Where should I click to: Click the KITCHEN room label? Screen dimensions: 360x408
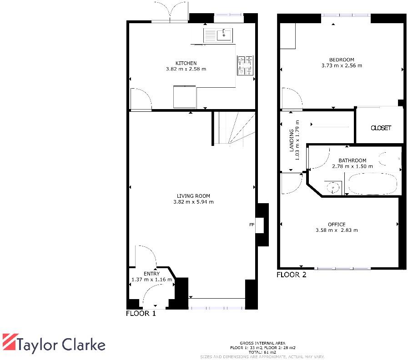(186, 63)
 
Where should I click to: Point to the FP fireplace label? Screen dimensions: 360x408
(251, 225)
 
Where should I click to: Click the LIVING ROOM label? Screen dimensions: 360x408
(193, 196)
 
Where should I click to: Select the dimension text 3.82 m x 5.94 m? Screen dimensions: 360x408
(193, 202)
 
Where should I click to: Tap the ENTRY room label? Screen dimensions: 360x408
(151, 274)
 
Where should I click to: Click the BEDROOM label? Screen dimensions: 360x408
(342, 60)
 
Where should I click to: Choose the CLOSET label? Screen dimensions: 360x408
(381, 128)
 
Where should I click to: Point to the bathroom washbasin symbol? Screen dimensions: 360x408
(333, 187)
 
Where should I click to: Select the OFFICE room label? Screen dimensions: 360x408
(337, 224)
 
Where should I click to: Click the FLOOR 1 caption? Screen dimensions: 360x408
(141, 314)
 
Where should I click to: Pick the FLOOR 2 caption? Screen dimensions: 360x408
(292, 275)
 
